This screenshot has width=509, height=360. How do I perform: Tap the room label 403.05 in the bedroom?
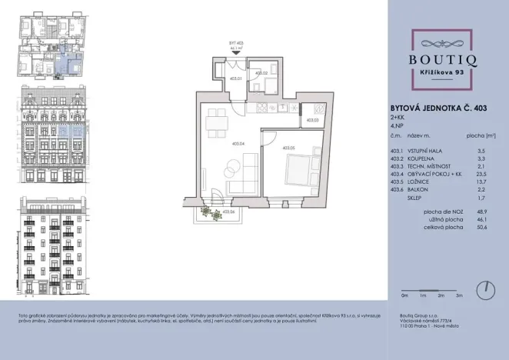(289, 147)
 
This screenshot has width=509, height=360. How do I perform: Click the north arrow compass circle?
(484, 291)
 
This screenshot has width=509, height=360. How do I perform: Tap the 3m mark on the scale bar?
(458, 295)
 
